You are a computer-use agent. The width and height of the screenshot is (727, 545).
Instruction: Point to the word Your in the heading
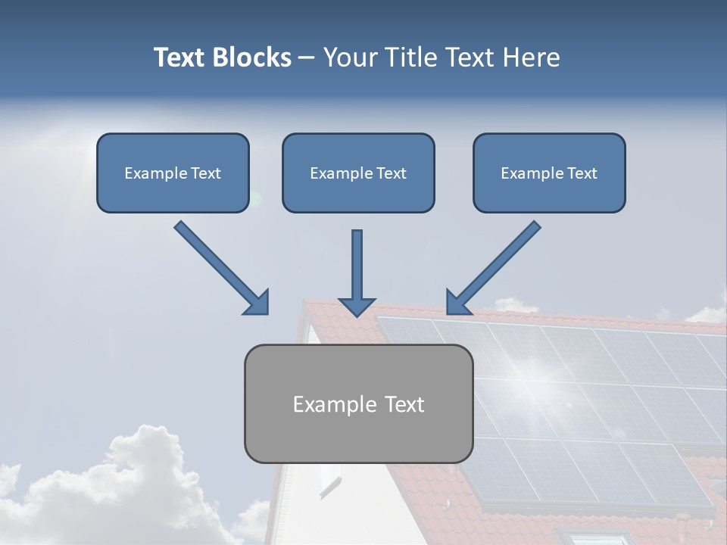tap(351, 58)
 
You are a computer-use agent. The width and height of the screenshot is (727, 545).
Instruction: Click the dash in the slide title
tap(307, 58)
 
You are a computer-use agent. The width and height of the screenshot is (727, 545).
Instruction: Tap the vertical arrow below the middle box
tap(357, 265)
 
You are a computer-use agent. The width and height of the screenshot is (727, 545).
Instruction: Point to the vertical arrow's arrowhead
tap(357, 306)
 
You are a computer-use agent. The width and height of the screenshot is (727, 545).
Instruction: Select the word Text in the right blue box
tap(582, 173)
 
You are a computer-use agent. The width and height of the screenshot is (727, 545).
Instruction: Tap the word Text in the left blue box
tap(206, 173)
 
